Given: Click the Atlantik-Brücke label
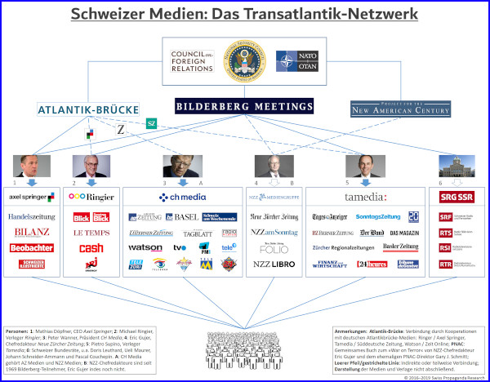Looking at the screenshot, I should coord(88,109).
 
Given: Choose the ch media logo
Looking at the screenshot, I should coord(182,197).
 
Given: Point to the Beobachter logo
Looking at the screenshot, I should coord(31,247).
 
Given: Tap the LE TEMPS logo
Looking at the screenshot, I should coord(91,233).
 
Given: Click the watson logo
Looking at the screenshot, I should coord(145,247).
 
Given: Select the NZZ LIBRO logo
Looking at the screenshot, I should coord(274,264).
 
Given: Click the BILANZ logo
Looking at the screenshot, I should coord(31,233).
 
